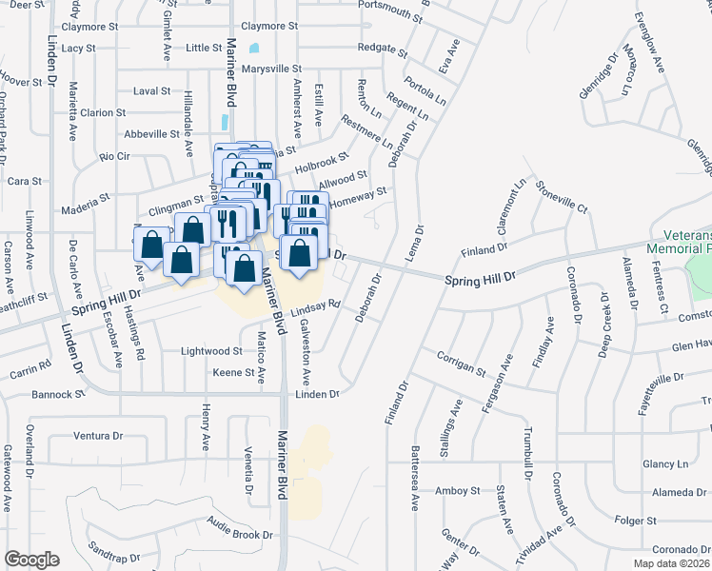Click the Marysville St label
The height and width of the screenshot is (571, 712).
pyautogui.click(x=271, y=69)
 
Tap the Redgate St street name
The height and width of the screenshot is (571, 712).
pyautogui.click(x=375, y=47)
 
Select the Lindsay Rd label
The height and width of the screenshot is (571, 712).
pyautogui.click(x=315, y=307)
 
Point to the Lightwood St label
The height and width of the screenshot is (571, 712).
pyautogui.click(x=212, y=351)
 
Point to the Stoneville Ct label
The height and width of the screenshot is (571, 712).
pyautogui.click(x=560, y=196)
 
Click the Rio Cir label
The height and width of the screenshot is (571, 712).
pyautogui.click(x=114, y=155)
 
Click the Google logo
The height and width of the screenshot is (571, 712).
pyautogui.click(x=31, y=560)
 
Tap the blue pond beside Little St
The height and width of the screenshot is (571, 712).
pyautogui.click(x=253, y=48)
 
